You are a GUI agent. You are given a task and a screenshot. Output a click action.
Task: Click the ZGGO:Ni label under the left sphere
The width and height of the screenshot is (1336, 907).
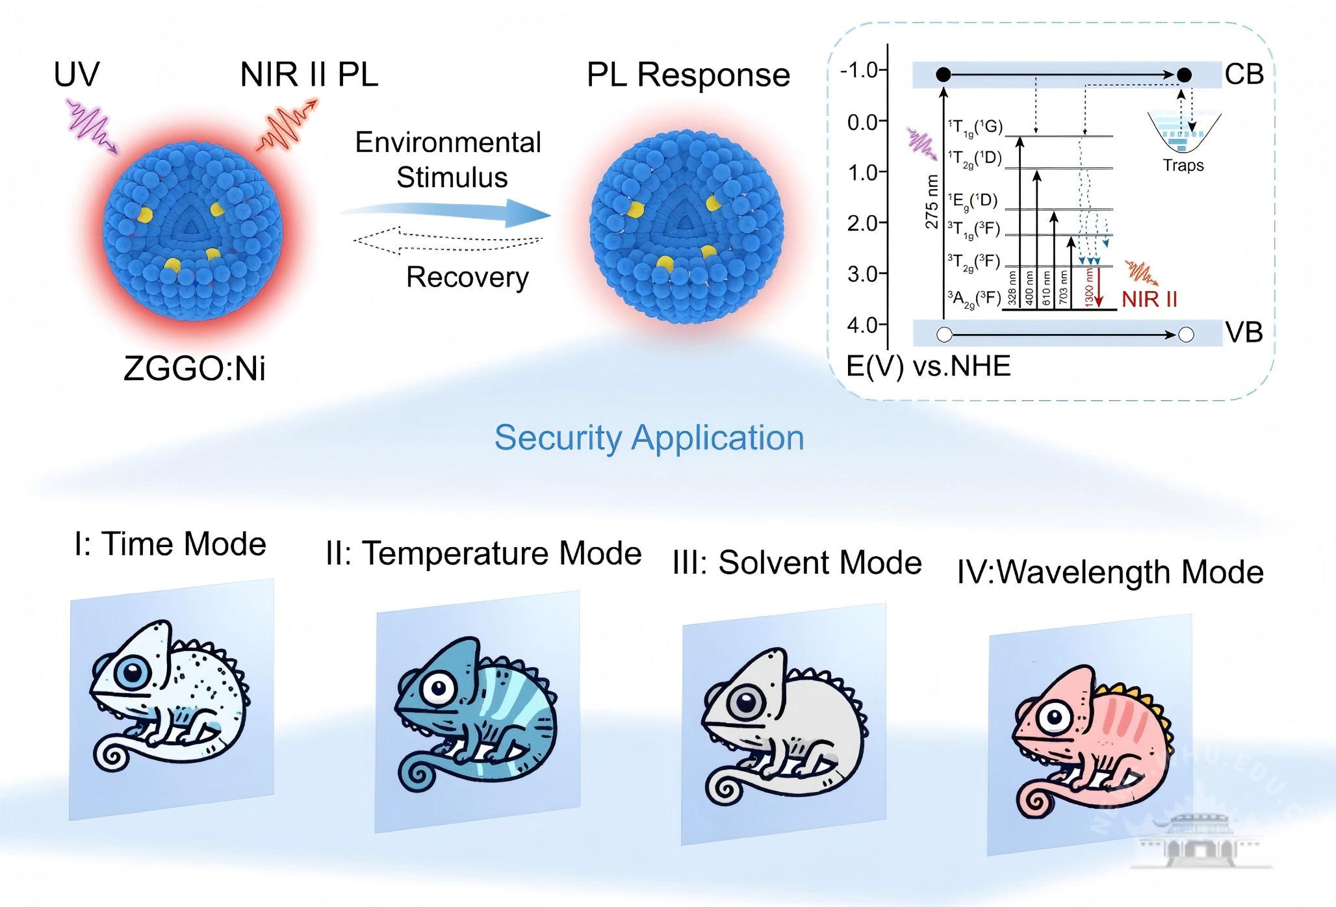point(194,368)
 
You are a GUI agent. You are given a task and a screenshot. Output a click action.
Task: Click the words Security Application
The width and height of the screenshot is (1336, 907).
point(649,437)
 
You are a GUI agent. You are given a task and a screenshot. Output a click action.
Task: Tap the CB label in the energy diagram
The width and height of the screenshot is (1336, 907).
point(1244,75)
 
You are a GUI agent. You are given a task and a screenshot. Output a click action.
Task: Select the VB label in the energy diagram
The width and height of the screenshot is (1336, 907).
point(1244,333)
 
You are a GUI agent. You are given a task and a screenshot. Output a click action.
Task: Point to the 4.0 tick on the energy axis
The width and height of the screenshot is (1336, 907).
point(863,324)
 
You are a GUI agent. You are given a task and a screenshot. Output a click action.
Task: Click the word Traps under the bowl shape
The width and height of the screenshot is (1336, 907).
point(1183,166)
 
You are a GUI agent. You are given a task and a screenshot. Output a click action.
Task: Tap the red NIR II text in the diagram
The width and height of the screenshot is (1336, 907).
point(1149,300)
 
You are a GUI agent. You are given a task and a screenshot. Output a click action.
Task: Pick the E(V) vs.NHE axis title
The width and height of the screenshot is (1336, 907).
point(928,366)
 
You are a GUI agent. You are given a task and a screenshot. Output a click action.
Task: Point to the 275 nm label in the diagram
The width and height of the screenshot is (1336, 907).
point(932,201)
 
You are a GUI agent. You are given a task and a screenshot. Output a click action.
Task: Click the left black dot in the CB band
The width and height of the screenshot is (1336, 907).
point(944,75)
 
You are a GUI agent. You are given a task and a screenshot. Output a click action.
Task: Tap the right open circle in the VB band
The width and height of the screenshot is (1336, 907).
point(1186,335)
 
